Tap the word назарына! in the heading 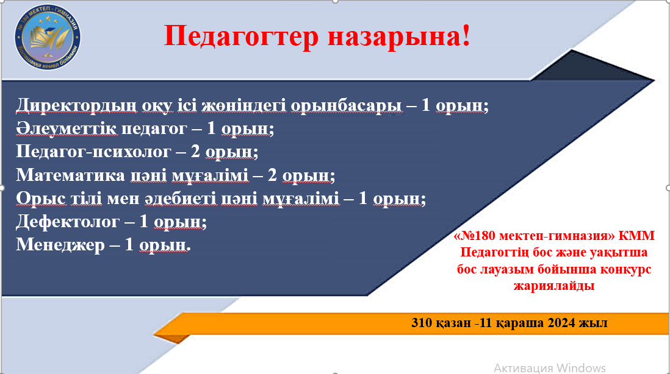pyautogui.click(x=399, y=37)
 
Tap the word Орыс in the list pyautogui.click(x=38, y=199)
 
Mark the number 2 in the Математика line pyautogui.click(x=273, y=175)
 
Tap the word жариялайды pyautogui.click(x=554, y=285)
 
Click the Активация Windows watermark pyautogui.click(x=549, y=367)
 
